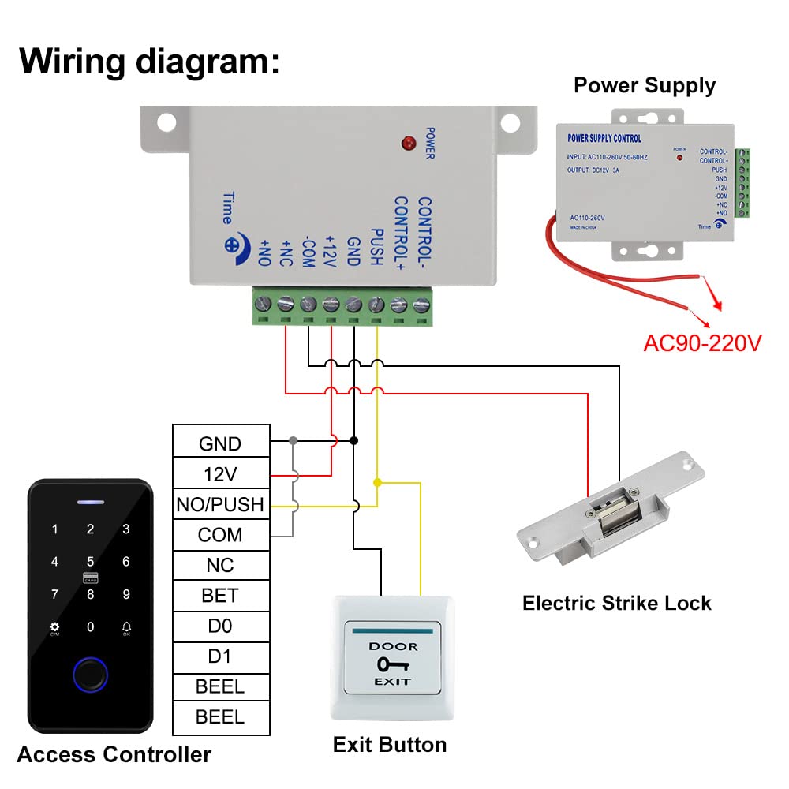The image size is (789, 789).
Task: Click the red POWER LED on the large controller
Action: click(x=408, y=144)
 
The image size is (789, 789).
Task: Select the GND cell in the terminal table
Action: click(x=219, y=443)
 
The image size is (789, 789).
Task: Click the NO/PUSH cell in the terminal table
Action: click(x=219, y=505)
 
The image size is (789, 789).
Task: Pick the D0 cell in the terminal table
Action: click(x=219, y=626)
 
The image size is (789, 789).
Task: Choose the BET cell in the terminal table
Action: click(x=219, y=596)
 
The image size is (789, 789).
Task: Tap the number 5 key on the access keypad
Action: click(x=91, y=562)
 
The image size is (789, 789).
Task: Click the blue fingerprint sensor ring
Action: click(x=90, y=676)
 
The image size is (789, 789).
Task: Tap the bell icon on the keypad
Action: click(x=126, y=627)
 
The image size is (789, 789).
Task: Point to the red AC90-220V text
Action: click(x=702, y=343)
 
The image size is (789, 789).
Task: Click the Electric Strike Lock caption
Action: click(x=616, y=604)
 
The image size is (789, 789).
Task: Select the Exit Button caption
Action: click(x=389, y=745)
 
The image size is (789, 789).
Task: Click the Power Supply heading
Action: click(x=644, y=85)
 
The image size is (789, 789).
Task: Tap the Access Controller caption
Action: click(x=114, y=755)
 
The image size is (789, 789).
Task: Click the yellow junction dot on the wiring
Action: click(x=377, y=482)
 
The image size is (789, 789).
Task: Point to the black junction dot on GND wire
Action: click(x=354, y=440)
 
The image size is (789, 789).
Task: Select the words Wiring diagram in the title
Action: click(x=149, y=61)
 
